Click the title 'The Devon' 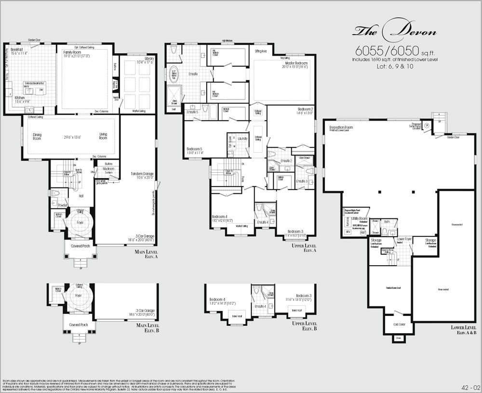coord(395,32)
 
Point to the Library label coord(145,58)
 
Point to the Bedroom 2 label coord(305,109)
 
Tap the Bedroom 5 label coord(194,149)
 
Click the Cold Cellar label coord(399,325)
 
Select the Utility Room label coord(360,218)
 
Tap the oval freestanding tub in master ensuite coord(174,76)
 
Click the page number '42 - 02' coord(468,387)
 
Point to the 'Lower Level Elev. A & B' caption coord(463,330)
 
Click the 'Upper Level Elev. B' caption coord(306,326)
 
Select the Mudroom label coord(108,169)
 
